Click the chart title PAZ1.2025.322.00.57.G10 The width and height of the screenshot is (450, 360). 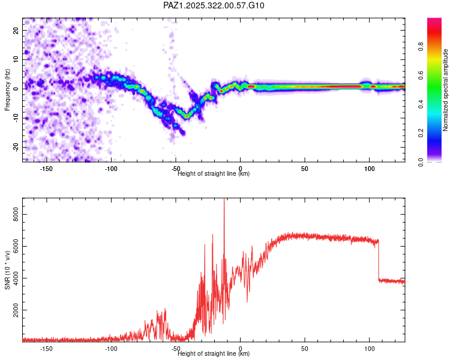coord(214,5)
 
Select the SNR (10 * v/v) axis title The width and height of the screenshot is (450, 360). coord(7,270)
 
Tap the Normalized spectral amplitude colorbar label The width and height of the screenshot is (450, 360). coord(446,90)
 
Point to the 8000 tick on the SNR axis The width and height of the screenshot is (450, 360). coord(15,213)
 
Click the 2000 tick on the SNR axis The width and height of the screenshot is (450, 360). coord(15,311)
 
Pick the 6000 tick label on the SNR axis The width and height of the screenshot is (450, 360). coord(15,246)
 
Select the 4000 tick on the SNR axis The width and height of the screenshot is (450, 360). coord(15,278)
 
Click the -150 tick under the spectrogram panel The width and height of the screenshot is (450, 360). coord(46,169)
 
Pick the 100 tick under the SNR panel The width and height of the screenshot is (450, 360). coord(370,349)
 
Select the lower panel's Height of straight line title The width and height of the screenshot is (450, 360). coord(214,354)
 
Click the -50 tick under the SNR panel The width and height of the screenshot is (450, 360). coord(175,349)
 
